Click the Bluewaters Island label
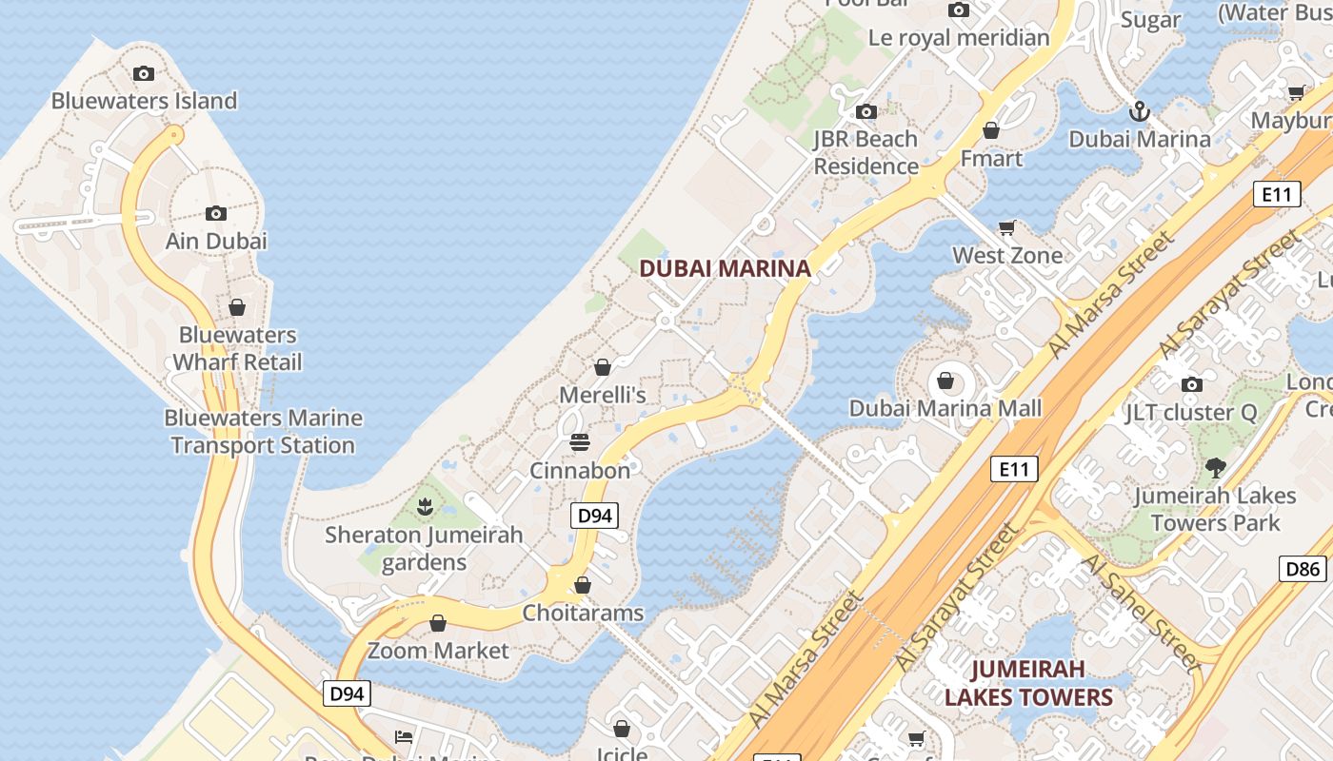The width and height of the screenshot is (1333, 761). pyautogui.click(x=144, y=101)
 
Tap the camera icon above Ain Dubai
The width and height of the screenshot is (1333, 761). pyautogui.click(x=216, y=213)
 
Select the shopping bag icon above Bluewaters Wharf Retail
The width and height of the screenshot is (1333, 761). pyautogui.click(x=237, y=307)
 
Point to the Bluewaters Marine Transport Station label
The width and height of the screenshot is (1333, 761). pyautogui.click(x=263, y=431)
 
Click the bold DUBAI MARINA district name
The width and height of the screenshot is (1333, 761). pyautogui.click(x=725, y=268)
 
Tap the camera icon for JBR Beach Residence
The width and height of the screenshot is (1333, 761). pyautogui.click(x=865, y=112)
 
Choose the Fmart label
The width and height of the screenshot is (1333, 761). pyautogui.click(x=991, y=158)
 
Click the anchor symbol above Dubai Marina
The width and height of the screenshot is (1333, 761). pyautogui.click(x=1140, y=112)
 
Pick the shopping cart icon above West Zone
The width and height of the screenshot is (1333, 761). pyautogui.click(x=1006, y=228)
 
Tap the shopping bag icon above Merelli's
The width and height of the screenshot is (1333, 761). pyautogui.click(x=602, y=367)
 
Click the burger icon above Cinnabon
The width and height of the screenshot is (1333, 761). pyautogui.click(x=579, y=442)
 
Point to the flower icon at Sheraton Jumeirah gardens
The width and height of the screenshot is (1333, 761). pyautogui.click(x=425, y=506)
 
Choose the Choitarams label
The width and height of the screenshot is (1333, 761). pyautogui.click(x=583, y=613)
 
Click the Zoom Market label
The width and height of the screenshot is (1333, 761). pyautogui.click(x=438, y=651)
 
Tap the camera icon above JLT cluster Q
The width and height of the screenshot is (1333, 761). pyautogui.click(x=1191, y=384)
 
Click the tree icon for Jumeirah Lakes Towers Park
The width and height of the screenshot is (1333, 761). pyautogui.click(x=1215, y=467)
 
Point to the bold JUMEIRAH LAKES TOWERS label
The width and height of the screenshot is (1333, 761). pyautogui.click(x=1028, y=683)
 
